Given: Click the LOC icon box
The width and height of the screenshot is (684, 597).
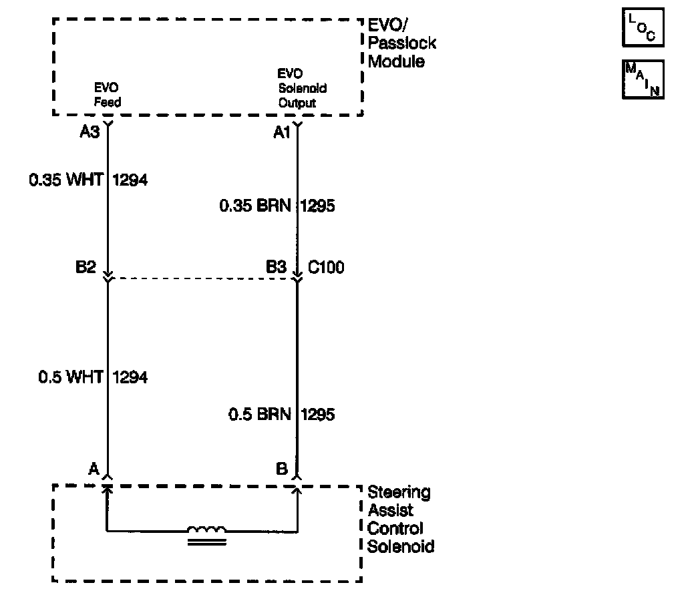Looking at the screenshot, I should pyautogui.click(x=643, y=29).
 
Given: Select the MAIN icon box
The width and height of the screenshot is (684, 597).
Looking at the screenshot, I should pyautogui.click(x=643, y=79).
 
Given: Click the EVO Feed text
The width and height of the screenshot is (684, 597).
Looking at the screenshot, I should pyautogui.click(x=107, y=95).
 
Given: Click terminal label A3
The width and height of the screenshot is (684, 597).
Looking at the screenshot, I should pyautogui.click(x=90, y=132).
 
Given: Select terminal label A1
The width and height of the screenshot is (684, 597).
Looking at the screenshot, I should pyautogui.click(x=282, y=132).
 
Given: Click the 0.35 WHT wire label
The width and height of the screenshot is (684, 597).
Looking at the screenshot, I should pyautogui.click(x=65, y=180).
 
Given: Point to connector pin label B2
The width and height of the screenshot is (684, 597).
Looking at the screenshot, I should pyautogui.click(x=87, y=268).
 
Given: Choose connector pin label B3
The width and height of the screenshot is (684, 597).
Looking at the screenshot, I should pyautogui.click(x=277, y=268).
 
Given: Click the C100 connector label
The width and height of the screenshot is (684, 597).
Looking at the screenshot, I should pyautogui.click(x=326, y=268).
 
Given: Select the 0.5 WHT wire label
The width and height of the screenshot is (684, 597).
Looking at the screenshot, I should pyautogui.click(x=70, y=377).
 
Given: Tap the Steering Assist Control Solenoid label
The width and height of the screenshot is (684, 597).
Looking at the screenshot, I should pyautogui.click(x=401, y=520).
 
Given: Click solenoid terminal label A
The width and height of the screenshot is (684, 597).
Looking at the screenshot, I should pyautogui.click(x=94, y=469).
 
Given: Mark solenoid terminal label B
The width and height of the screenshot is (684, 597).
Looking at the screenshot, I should pyautogui.click(x=282, y=469).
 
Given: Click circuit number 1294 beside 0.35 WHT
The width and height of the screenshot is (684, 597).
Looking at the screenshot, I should pyautogui.click(x=131, y=180).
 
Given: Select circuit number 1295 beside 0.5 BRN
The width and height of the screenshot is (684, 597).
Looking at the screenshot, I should pyautogui.click(x=318, y=415).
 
